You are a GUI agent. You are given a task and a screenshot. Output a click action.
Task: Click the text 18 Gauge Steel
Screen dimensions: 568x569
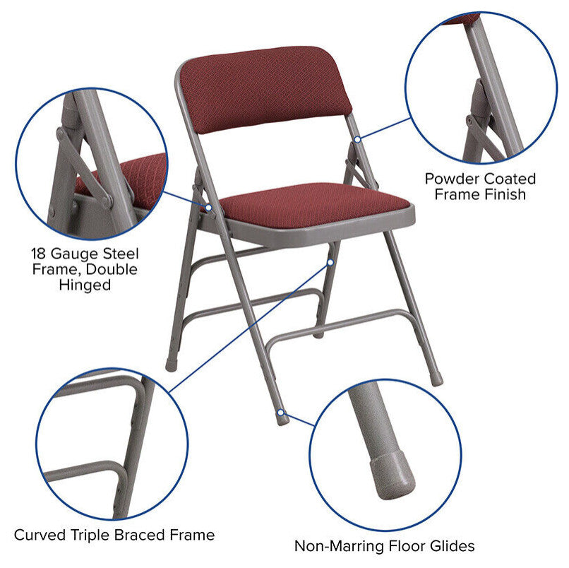[x=85, y=253]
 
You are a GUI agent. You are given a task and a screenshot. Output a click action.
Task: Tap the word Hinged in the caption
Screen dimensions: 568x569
[x=85, y=285]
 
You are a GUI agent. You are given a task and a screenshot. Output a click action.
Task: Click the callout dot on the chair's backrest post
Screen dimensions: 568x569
[x=358, y=139]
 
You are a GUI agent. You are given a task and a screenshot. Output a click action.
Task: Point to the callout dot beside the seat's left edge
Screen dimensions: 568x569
[x=209, y=208]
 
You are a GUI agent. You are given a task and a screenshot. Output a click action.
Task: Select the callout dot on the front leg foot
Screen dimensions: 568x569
[x=282, y=411]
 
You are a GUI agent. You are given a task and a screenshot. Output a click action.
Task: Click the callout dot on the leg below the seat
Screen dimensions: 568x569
[x=330, y=261]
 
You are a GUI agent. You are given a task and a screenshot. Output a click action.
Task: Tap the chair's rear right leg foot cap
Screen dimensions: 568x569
[x=438, y=379]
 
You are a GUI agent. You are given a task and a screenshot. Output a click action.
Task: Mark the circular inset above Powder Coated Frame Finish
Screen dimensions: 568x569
[x=480, y=88]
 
